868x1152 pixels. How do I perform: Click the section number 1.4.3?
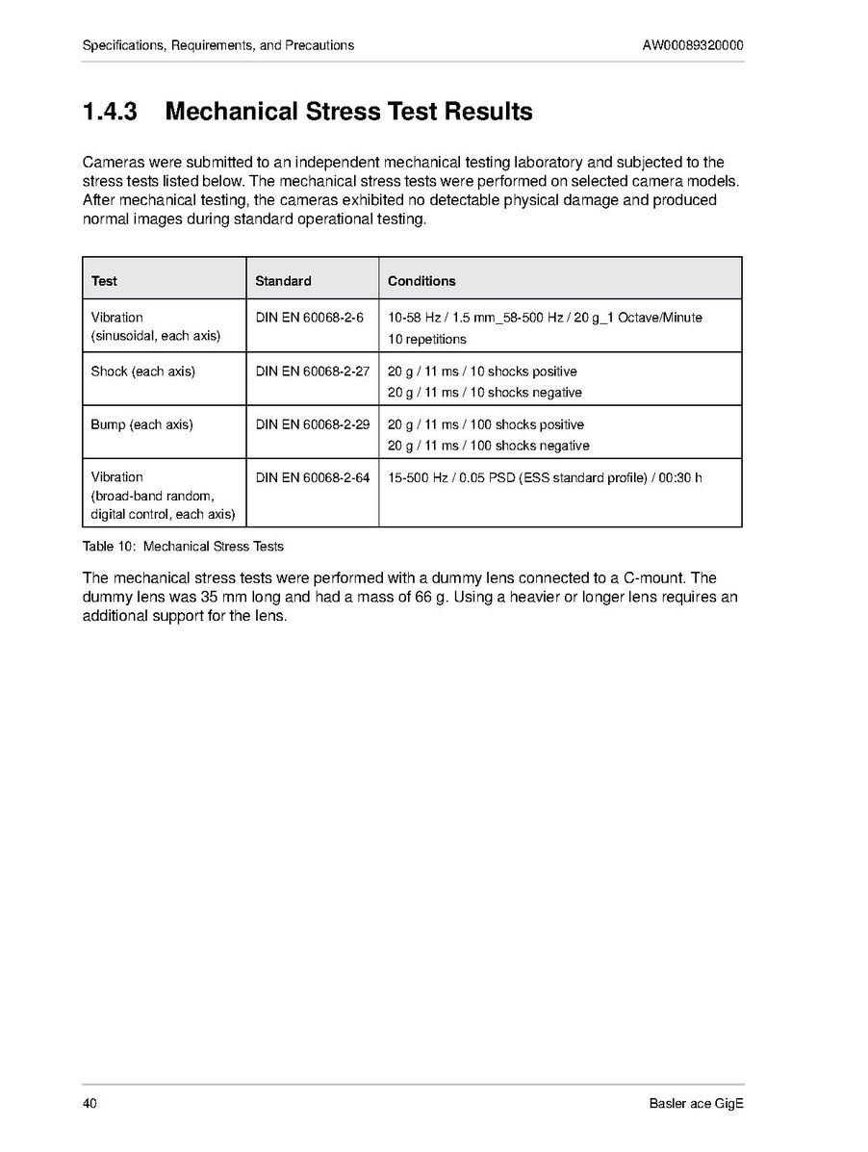[110, 112]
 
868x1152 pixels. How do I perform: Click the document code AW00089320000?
[693, 45]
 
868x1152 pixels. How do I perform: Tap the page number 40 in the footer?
[89, 1103]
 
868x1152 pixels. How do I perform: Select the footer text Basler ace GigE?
[697, 1103]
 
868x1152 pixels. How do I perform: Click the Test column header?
[104, 281]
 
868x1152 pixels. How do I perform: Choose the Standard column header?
[283, 281]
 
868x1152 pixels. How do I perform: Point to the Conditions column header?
[421, 281]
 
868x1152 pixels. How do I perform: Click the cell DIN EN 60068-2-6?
[309, 318]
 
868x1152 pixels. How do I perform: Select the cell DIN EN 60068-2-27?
[312, 371]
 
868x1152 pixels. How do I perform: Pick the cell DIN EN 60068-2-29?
[312, 424]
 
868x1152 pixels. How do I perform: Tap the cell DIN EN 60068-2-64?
[312, 477]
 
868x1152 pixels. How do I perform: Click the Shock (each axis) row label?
[142, 371]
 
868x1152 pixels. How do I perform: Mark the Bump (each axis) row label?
[141, 424]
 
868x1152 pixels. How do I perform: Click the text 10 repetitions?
[427, 339]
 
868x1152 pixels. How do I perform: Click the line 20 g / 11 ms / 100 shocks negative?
[488, 446]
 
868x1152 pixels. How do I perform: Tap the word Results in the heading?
[488, 112]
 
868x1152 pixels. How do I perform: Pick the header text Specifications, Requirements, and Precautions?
[218, 45]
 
